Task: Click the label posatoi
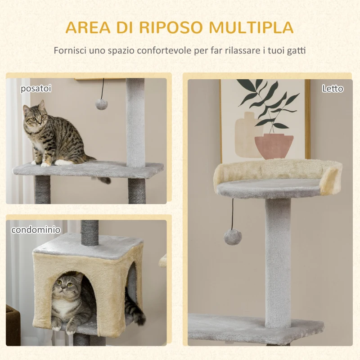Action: tap(36, 89)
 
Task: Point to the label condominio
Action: tap(36, 230)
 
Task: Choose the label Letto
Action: tap(333, 89)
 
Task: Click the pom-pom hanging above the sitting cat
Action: tap(101, 104)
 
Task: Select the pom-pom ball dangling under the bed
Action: tap(233, 236)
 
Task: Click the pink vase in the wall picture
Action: tap(274, 146)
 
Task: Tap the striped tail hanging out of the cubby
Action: tap(134, 310)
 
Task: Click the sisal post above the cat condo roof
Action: tap(90, 232)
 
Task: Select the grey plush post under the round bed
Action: tap(278, 261)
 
